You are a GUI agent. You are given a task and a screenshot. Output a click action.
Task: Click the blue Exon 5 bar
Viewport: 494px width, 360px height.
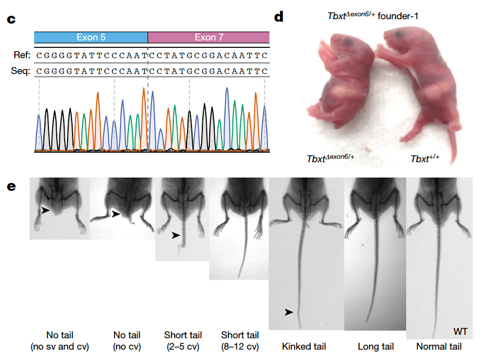click(91, 37)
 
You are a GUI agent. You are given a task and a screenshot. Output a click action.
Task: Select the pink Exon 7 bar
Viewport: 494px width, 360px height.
click(209, 37)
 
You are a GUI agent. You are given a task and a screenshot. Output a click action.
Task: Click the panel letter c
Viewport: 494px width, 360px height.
click(11, 19)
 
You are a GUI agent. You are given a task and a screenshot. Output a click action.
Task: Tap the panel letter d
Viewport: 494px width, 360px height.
click(279, 16)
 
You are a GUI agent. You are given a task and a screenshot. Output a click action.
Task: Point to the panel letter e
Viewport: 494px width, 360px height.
click(11, 186)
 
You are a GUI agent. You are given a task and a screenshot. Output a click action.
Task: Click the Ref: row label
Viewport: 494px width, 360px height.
click(22, 55)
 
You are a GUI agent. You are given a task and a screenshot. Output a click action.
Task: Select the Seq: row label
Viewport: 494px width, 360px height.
click(20, 71)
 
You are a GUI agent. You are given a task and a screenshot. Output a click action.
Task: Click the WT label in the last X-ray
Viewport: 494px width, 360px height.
click(460, 331)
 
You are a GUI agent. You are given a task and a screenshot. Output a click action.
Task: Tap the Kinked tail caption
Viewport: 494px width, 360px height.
click(304, 347)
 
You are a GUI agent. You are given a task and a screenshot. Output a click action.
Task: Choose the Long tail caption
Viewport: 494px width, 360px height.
click(376, 347)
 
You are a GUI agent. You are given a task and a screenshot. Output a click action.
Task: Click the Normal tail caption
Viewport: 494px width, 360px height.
click(439, 347)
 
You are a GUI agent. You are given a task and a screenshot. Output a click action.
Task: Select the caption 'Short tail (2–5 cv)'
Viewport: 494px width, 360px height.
click(183, 341)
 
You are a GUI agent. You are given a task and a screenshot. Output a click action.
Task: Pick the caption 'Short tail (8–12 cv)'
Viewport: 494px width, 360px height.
click(240, 341)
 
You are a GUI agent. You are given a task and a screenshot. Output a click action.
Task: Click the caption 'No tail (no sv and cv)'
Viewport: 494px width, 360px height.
click(60, 341)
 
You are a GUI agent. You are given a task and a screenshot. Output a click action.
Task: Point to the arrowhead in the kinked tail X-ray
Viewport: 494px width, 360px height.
click(289, 312)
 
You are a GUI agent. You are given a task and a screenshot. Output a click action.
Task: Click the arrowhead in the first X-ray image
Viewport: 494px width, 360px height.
click(46, 210)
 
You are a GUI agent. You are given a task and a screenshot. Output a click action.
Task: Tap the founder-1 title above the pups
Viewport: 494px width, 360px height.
click(373, 16)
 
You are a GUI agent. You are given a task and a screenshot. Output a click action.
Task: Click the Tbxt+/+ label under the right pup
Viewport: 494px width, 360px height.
click(425, 158)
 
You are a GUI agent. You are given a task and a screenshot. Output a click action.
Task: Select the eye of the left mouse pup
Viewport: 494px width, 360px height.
click(348, 41)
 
